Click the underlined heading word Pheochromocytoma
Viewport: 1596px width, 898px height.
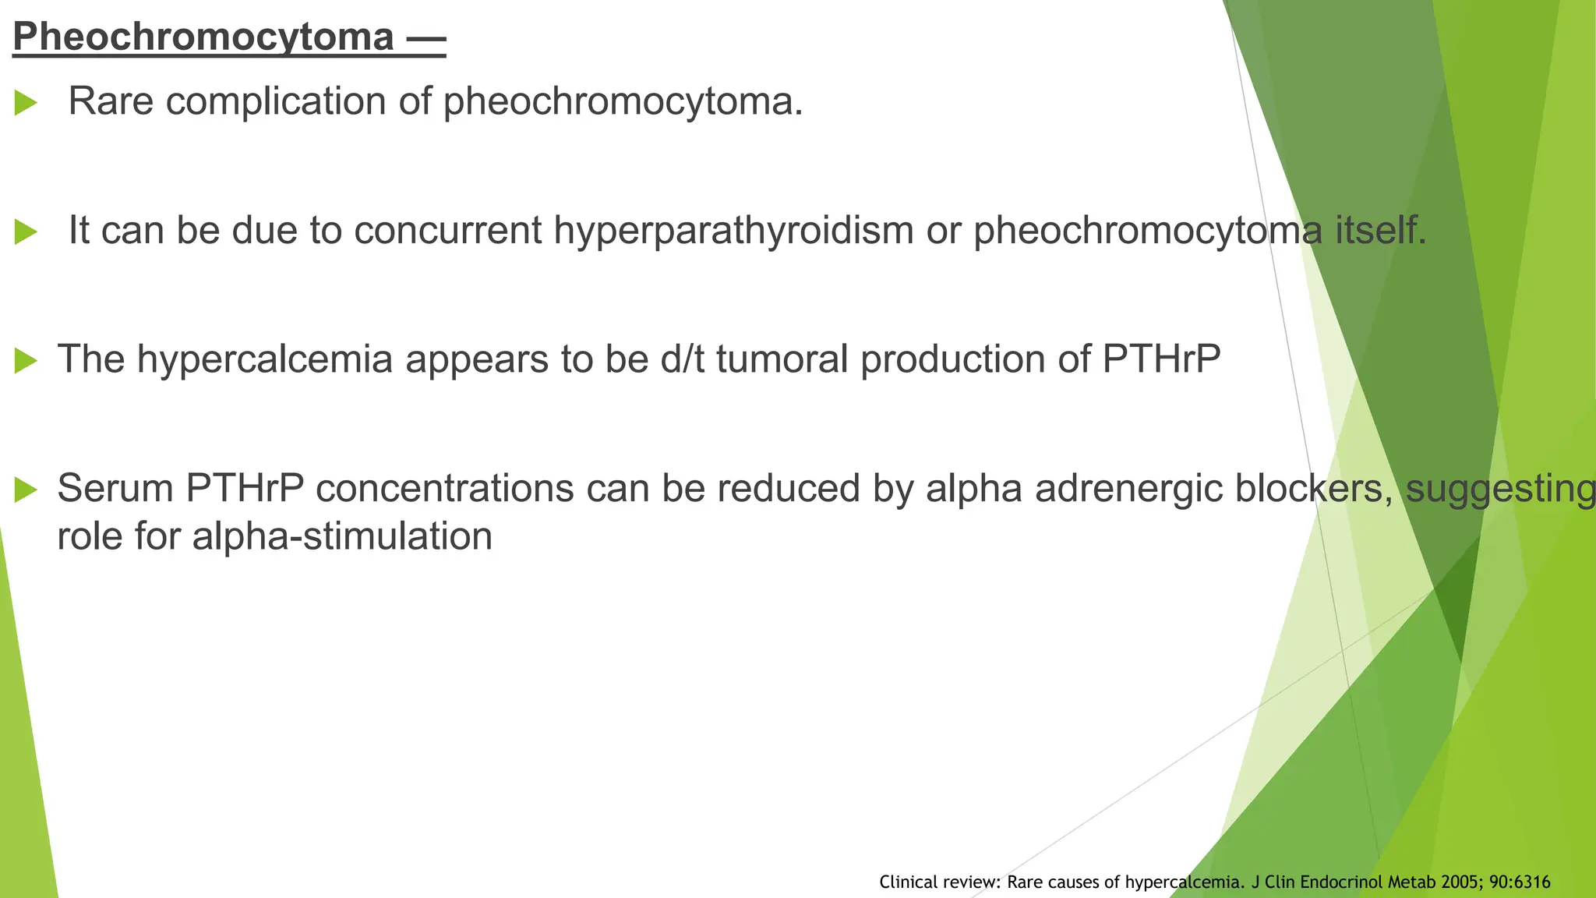[203, 37]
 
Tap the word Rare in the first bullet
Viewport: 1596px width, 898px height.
[111, 101]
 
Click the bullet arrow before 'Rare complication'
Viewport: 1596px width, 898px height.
[26, 103]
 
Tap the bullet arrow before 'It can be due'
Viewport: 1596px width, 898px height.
[26, 232]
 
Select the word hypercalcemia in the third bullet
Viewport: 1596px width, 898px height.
[264, 359]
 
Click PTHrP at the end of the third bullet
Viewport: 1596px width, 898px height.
[1161, 359]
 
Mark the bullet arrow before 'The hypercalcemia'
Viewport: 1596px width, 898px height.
[26, 361]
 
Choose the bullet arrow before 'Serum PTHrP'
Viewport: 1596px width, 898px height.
[26, 490]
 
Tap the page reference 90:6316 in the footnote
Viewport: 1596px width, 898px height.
[1520, 882]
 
